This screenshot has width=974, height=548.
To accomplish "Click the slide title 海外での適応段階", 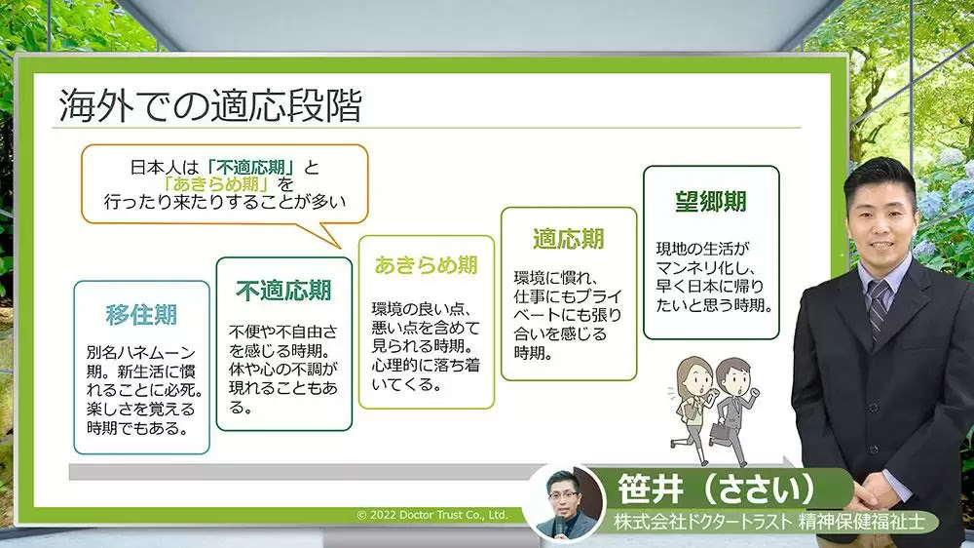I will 209,105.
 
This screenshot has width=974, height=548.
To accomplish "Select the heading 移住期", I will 141,315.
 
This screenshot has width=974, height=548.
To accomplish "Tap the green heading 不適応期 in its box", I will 283,290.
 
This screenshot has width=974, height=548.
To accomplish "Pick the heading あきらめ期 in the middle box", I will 426,265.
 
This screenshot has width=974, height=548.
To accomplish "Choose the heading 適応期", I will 568,239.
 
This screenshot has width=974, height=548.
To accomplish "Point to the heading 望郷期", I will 711,200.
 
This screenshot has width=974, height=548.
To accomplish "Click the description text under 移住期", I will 141,388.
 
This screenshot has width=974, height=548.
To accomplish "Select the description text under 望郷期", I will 711,277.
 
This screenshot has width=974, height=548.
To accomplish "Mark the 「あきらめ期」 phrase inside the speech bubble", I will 216,184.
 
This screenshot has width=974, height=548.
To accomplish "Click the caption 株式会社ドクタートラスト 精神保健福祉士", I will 775,523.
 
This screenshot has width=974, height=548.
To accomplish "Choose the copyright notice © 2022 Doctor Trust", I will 432,515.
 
